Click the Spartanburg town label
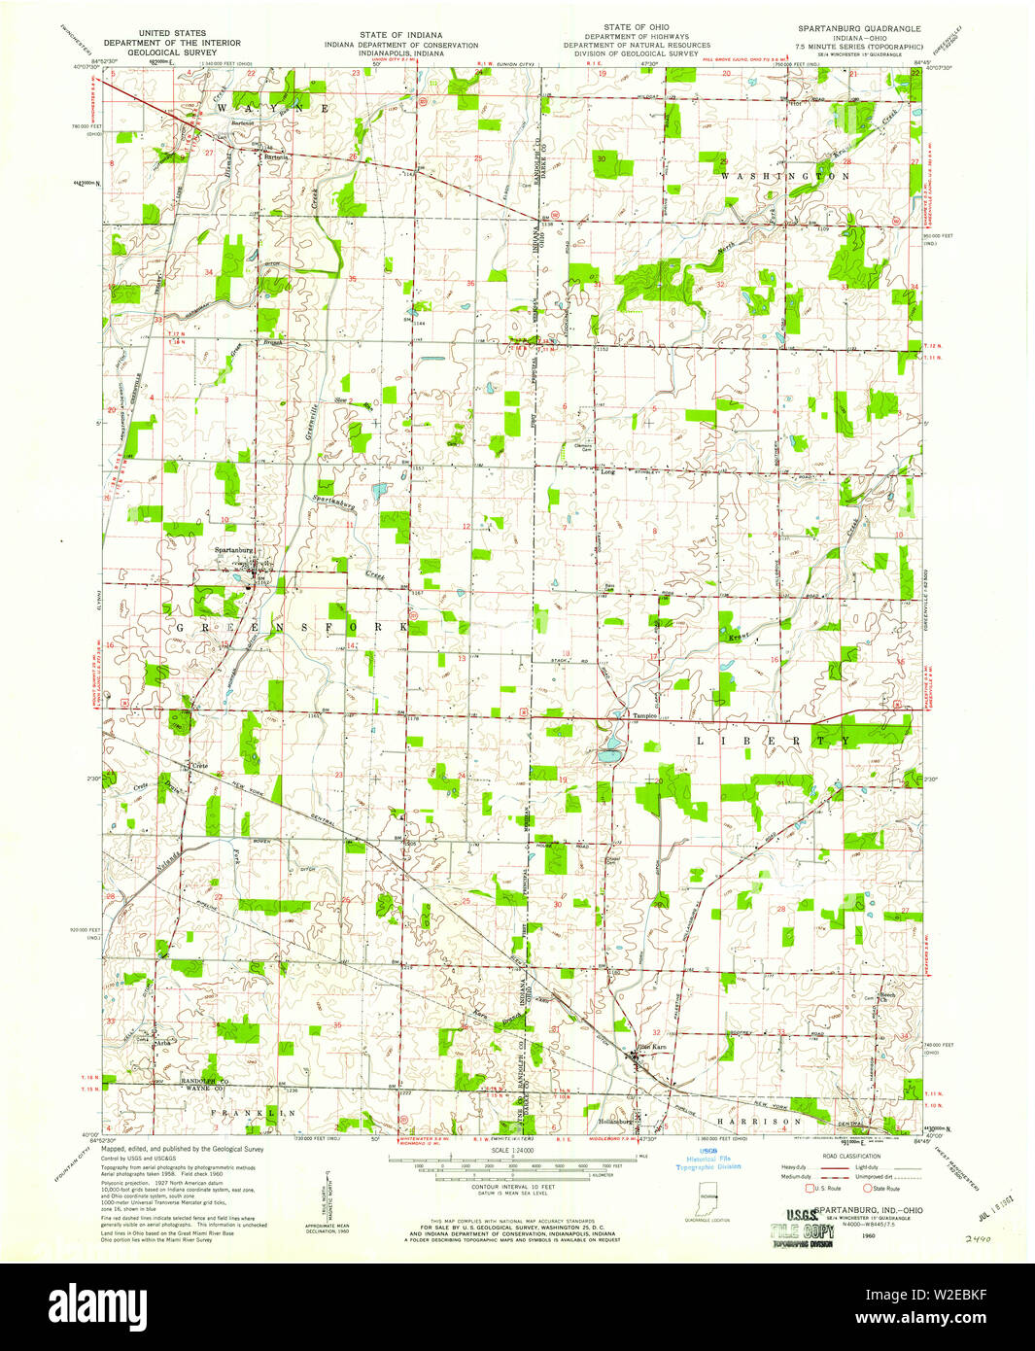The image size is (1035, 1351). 234,550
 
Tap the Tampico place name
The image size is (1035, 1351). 619,716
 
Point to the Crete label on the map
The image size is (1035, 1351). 199,766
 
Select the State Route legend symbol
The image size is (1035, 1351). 868,1188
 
